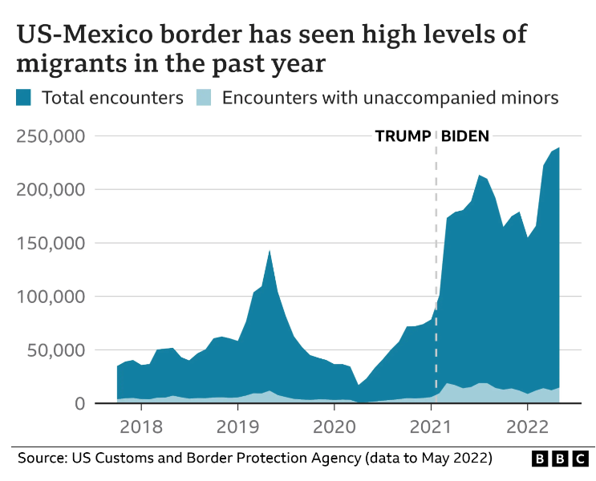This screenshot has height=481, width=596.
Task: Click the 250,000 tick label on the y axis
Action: (x=50, y=136)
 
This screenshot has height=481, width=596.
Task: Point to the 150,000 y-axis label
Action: (x=50, y=243)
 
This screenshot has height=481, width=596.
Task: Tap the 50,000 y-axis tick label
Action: (x=56, y=350)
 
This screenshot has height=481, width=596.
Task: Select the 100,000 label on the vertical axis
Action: (x=50, y=297)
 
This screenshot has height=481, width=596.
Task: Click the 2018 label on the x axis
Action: (x=140, y=424)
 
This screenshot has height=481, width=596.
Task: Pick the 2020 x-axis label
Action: (x=334, y=424)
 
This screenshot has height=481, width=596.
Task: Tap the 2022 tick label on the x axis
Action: (x=527, y=424)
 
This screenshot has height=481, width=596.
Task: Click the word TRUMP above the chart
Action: (x=403, y=136)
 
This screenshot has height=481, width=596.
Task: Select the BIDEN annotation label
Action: (x=465, y=136)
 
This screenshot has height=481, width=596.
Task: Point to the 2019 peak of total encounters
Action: (x=270, y=251)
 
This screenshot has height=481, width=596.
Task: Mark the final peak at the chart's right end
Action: (x=559, y=148)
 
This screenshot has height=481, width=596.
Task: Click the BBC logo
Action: (x=560, y=459)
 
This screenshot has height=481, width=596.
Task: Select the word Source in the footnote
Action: (x=39, y=458)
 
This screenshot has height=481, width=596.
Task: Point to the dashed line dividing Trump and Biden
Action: (x=436, y=265)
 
